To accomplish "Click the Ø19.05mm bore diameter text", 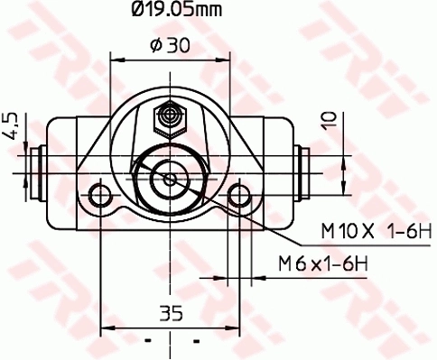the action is click(x=177, y=9).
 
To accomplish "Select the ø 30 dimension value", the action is click(x=171, y=45).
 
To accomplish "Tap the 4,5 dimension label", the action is click(x=12, y=126).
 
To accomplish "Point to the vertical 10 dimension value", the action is click(x=329, y=121).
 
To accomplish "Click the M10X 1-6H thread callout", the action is click(x=377, y=232).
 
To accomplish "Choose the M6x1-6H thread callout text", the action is click(x=323, y=263).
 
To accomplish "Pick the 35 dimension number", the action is click(x=171, y=313).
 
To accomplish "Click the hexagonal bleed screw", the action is click(x=171, y=120).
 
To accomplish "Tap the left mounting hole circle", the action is click(x=100, y=196).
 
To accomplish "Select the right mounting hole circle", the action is click(x=239, y=196).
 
